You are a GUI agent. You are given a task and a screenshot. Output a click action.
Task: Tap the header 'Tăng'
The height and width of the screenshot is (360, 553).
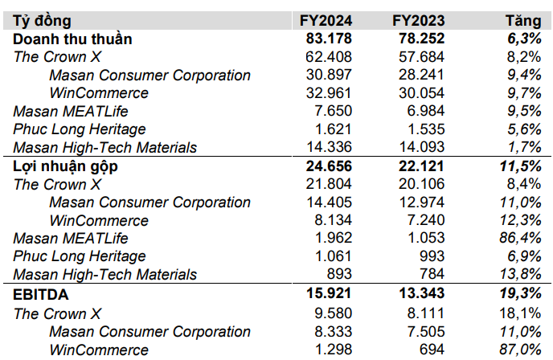522,21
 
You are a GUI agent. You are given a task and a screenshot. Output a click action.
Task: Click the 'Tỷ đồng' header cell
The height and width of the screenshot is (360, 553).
42,21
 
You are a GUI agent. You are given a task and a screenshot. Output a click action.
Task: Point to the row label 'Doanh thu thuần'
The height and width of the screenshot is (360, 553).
72,39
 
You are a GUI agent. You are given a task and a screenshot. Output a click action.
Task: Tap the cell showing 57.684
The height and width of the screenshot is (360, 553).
423,57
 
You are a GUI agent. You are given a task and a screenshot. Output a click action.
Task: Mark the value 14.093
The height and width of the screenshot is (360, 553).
423,147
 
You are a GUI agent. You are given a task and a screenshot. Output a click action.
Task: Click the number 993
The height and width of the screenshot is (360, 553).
432,257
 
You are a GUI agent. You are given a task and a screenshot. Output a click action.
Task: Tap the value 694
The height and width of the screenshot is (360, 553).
432,350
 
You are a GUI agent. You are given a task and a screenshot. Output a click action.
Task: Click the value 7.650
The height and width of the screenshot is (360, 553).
335,111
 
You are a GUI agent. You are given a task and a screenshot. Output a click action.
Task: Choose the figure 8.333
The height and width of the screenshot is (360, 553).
335,331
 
